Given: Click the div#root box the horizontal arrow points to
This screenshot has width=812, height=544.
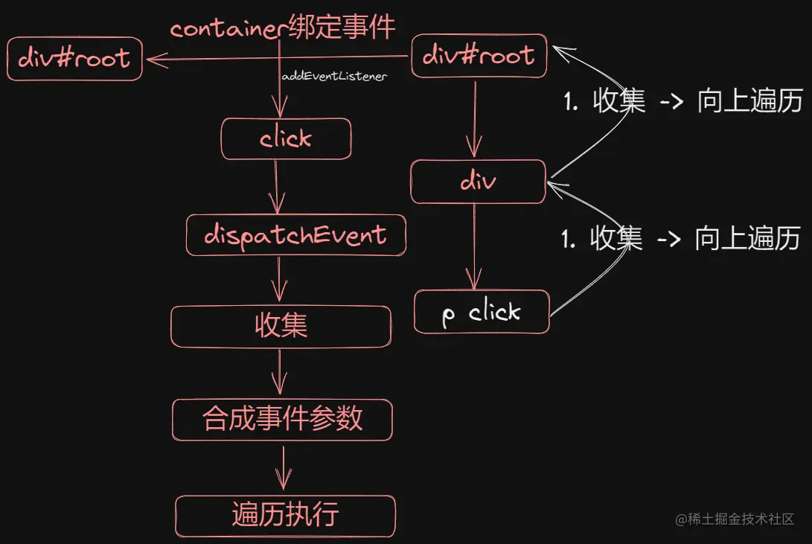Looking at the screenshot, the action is pos(74,59).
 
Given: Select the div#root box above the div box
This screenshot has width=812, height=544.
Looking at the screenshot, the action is pos(479,56).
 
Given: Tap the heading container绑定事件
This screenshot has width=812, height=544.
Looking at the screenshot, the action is pos(283,27).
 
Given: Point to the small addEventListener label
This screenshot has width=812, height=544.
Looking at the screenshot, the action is pos(334,76).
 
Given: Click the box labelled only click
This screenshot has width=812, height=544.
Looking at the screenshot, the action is pos(286,138).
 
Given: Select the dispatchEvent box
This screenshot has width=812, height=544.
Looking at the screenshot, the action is pos(295,235).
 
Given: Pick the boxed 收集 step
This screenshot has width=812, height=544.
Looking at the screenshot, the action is pos(281,327).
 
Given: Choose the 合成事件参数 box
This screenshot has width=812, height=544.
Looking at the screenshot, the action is pos(282,420).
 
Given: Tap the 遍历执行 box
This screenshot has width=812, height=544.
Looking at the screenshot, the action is pos(285,516).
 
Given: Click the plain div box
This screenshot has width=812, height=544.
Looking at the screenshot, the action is pos(478,182).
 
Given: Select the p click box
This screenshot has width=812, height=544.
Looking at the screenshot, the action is pos(482,312).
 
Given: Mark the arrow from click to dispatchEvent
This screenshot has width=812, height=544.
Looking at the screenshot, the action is pos(277,187).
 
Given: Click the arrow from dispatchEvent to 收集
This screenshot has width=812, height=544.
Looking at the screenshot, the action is pos(279,279).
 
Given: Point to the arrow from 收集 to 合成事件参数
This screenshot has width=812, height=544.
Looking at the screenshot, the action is pos(280,371).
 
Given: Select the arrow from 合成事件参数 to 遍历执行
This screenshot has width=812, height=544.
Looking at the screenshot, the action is pos(284,468).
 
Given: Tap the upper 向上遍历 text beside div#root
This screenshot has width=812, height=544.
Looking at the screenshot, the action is pos(750,100).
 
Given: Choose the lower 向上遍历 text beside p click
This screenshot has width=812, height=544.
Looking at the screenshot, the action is pos(747,239).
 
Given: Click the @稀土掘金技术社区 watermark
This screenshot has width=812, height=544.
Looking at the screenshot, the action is pos(735,519).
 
